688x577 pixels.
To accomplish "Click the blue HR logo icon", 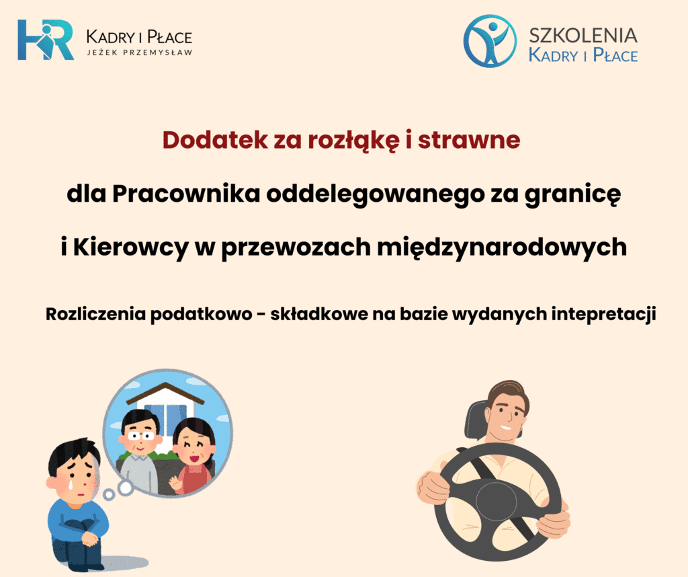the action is pyautogui.click(x=46, y=40).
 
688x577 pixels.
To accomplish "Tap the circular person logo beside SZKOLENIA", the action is pyautogui.click(x=490, y=40).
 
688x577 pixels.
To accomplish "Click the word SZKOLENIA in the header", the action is pyautogui.click(x=583, y=36).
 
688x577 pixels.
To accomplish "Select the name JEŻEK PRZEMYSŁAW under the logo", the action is pyautogui.click(x=140, y=52).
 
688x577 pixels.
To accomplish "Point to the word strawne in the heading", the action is pyautogui.click(x=468, y=141).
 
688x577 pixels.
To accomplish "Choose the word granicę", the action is pyautogui.click(x=572, y=194).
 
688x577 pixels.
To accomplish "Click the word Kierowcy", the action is pyautogui.click(x=130, y=247).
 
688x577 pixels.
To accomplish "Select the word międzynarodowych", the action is pyautogui.click(x=502, y=247).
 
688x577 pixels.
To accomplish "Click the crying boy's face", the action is pyautogui.click(x=75, y=472).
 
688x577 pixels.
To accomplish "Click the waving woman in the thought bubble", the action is pyautogui.click(x=191, y=457).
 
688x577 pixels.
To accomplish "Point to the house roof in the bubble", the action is pyautogui.click(x=165, y=393).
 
